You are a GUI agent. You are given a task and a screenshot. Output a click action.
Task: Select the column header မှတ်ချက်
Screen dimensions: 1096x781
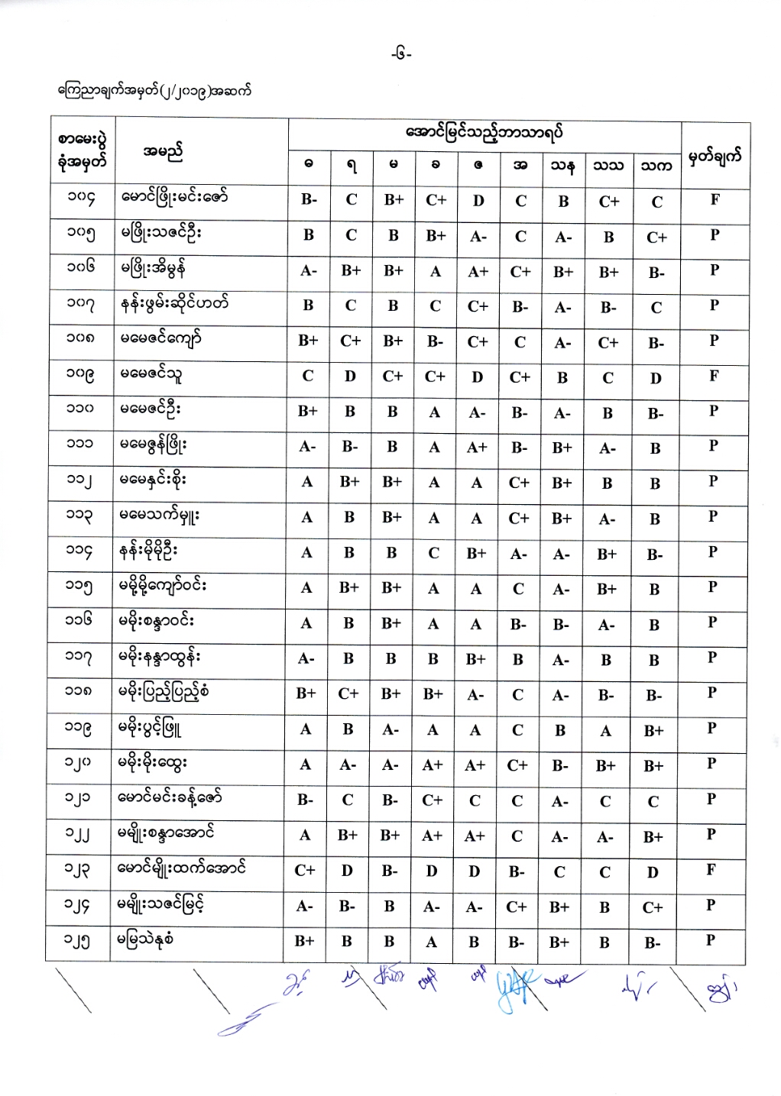[715, 157]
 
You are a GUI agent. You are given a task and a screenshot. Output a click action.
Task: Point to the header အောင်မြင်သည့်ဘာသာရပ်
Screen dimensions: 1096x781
[484, 132]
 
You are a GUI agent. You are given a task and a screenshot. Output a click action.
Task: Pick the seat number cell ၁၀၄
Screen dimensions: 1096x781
[81, 199]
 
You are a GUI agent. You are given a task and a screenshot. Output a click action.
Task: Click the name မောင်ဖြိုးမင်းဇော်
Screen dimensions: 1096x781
[174, 198]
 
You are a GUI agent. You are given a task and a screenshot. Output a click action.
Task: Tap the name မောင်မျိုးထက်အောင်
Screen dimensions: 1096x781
[183, 868]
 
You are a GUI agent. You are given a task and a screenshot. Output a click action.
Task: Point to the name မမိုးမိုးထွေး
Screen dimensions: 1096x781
[154, 762]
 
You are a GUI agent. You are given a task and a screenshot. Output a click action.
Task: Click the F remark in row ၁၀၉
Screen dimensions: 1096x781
[714, 375]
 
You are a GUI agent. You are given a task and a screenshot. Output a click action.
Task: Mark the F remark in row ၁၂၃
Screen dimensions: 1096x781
[711, 869]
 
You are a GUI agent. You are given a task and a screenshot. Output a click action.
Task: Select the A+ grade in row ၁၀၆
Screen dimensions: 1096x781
[478, 271]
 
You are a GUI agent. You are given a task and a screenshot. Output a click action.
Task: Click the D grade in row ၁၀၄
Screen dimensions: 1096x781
[478, 201]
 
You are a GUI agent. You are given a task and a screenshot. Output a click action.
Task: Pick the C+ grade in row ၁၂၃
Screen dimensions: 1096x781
[305, 870]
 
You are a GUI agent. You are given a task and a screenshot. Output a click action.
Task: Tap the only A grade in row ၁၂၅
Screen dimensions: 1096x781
[432, 942]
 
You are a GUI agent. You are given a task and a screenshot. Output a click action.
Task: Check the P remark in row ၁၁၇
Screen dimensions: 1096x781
[712, 657]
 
